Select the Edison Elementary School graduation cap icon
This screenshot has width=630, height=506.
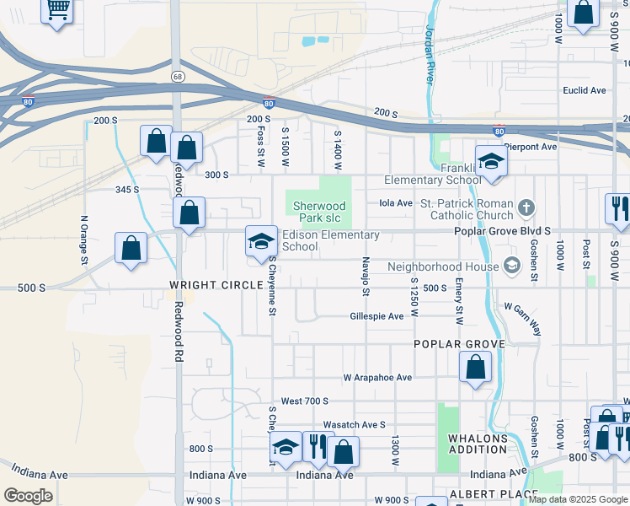coord(261,241)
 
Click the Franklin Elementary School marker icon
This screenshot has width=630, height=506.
coord(490,161)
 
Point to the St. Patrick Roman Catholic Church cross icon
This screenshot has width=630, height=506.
coord(526,207)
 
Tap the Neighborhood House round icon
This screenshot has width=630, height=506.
coord(511,266)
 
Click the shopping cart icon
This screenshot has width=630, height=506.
coord(57,11)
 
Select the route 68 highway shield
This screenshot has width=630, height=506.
coord(177,76)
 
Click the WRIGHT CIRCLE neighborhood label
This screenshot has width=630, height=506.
coord(216,285)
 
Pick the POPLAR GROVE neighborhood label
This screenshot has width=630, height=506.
coord(459,344)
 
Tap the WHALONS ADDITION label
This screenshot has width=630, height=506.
coord(478,444)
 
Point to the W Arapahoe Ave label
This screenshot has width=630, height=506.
coord(377,378)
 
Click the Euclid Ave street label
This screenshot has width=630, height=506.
coord(584,90)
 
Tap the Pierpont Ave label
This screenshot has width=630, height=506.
coord(537,146)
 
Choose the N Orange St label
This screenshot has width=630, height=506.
coord(83,240)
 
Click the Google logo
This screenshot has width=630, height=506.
coord(29,496)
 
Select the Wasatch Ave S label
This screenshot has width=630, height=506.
coord(354,425)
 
